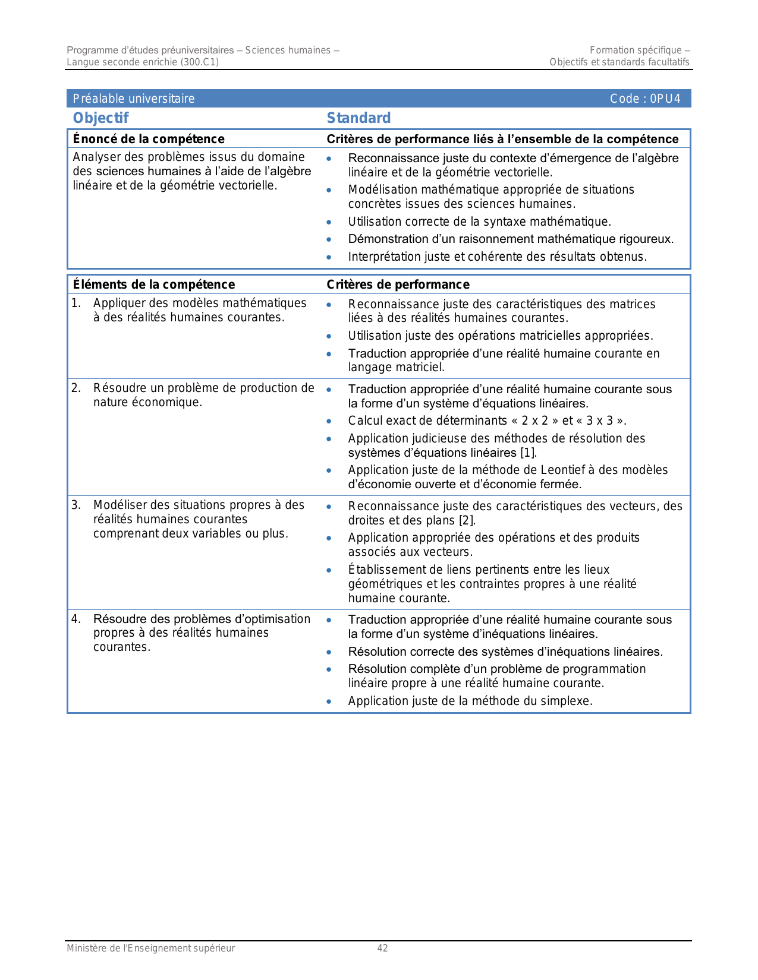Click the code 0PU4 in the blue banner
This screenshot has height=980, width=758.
665,99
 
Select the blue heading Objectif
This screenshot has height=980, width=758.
100,118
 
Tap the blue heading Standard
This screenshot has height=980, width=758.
358,118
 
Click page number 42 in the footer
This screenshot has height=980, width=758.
382,949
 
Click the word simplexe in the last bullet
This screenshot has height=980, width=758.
567,701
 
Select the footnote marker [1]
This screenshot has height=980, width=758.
529,453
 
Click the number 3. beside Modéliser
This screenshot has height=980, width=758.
76,505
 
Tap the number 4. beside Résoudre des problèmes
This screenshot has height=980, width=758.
76,619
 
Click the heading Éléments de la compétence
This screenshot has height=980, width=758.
154,284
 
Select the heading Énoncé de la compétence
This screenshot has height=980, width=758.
149,139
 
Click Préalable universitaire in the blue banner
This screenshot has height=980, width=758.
134,99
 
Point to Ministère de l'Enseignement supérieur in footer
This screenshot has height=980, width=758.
150,949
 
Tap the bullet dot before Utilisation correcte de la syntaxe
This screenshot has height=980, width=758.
329,222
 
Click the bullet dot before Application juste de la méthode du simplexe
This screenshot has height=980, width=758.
329,701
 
